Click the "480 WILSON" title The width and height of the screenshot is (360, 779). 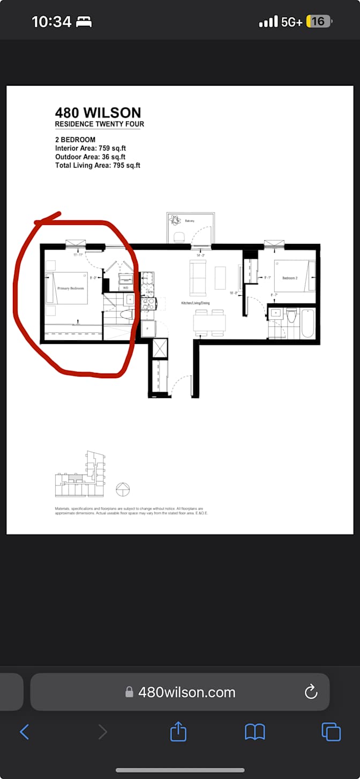coord(98,113)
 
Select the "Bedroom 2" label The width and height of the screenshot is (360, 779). coord(289,278)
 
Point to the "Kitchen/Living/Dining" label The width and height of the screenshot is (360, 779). coord(195,303)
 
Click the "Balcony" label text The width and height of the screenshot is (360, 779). coord(190,221)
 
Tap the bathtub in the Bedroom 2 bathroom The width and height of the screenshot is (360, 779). coord(308,322)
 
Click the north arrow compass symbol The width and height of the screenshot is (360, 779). coord(123,489)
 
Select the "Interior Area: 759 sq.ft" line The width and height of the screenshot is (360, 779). coord(91,148)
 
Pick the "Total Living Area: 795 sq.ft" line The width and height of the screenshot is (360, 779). coord(97,166)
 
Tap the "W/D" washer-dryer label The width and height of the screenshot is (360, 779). coord(126,288)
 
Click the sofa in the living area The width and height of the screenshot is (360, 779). coord(198,278)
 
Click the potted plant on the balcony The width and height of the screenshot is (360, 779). coord(175,220)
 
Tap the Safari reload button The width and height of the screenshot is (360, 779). coord(311,692)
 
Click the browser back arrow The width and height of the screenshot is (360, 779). coord(24,731)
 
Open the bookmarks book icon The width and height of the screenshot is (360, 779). coord(255,732)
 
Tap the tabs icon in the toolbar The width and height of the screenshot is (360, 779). coord(331,732)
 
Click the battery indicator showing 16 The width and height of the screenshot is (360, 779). coord(319,21)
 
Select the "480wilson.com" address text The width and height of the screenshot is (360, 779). coord(186,692)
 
